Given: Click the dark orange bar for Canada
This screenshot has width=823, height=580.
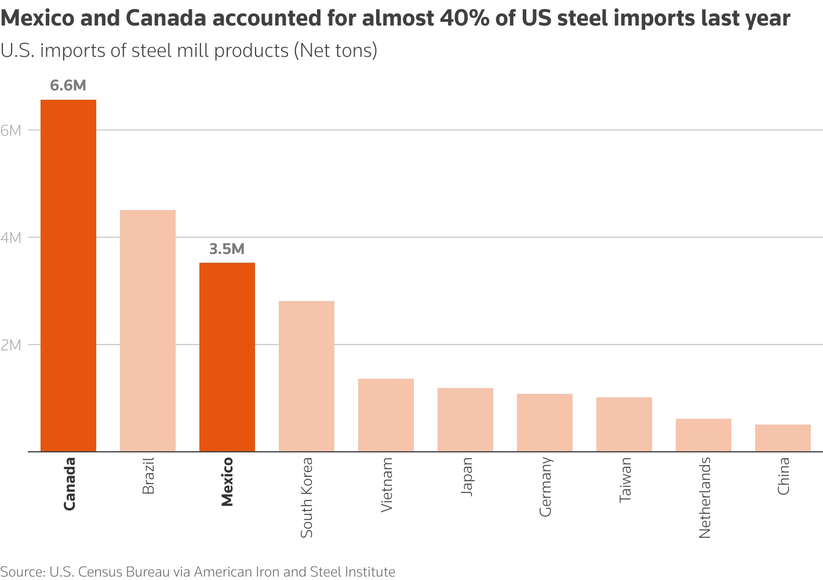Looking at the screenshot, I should click(x=68, y=275).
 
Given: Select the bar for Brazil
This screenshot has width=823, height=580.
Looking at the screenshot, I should click(x=148, y=331).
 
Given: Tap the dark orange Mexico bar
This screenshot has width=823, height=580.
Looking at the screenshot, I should click(x=227, y=357).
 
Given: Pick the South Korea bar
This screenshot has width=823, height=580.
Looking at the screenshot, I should click(x=307, y=376).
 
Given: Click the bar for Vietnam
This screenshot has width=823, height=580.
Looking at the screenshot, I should click(x=386, y=415).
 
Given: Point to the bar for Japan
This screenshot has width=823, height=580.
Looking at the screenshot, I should click(x=465, y=419).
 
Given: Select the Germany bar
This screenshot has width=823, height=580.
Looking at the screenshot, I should click(x=545, y=422).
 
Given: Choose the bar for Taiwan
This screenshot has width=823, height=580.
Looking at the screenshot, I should click(x=624, y=424).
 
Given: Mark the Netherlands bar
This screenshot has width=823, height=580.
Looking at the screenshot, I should click(x=704, y=435).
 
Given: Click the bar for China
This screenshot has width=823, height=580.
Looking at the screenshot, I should click(x=783, y=438).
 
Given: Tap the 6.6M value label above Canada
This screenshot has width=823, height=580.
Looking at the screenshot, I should click(x=68, y=86).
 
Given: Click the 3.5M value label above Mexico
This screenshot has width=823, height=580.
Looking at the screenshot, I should click(x=227, y=249).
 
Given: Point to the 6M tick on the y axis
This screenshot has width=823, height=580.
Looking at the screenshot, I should click(x=11, y=130).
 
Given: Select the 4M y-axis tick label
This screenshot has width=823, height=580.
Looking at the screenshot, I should click(x=11, y=238).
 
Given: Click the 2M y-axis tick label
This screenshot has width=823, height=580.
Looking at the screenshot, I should click(x=11, y=345).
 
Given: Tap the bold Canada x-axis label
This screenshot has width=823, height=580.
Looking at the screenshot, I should click(x=70, y=484).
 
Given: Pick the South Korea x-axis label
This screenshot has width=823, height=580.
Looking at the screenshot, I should click(x=307, y=498).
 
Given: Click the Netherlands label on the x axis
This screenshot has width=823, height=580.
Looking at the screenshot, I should click(x=705, y=498).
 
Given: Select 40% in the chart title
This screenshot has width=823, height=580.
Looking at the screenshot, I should click(x=463, y=19).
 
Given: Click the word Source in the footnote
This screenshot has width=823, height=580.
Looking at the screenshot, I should click(x=21, y=572).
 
